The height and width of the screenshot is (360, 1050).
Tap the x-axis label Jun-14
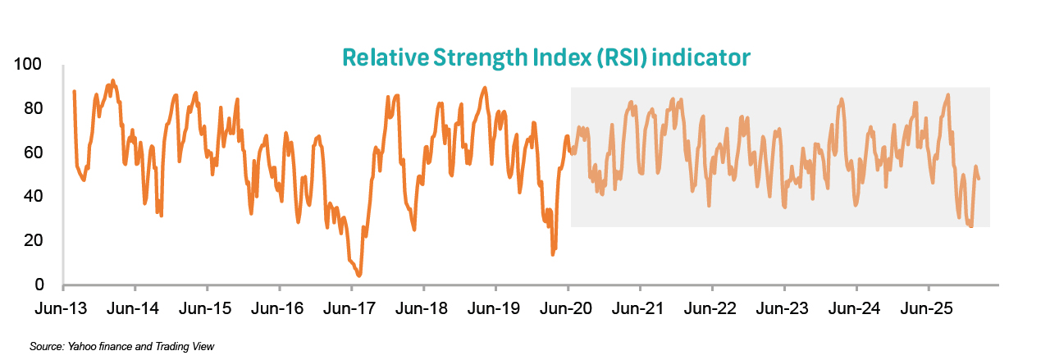(x=135, y=309)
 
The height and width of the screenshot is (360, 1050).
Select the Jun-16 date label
(x=279, y=309)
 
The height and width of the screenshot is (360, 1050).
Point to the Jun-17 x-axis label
(x=351, y=309)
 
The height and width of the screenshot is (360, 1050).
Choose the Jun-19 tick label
(x=495, y=309)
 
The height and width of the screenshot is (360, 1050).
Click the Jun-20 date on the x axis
(x=568, y=309)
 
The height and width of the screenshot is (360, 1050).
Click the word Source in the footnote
(x=45, y=347)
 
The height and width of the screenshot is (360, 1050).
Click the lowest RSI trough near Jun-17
(x=359, y=276)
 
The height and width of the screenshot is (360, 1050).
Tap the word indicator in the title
(x=710, y=57)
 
